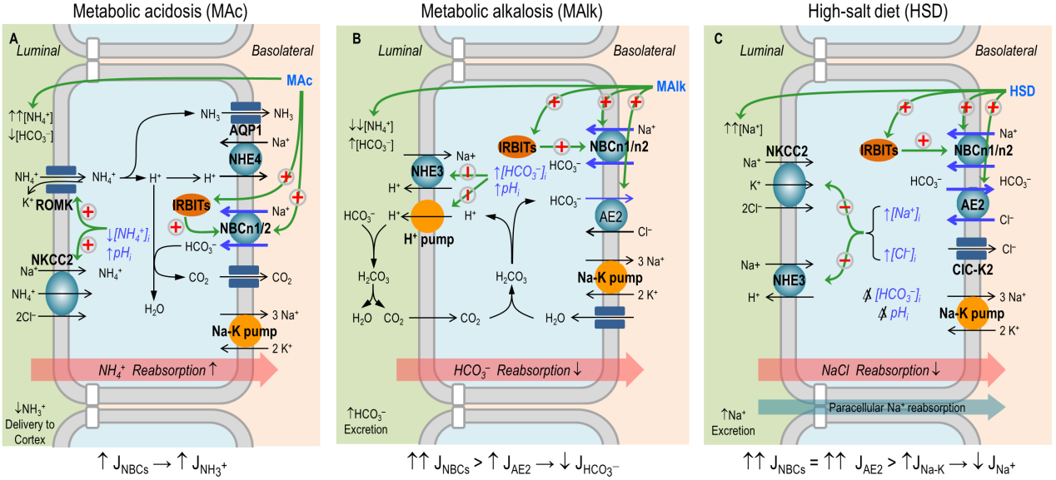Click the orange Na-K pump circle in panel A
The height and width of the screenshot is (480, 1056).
[x=244, y=331]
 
